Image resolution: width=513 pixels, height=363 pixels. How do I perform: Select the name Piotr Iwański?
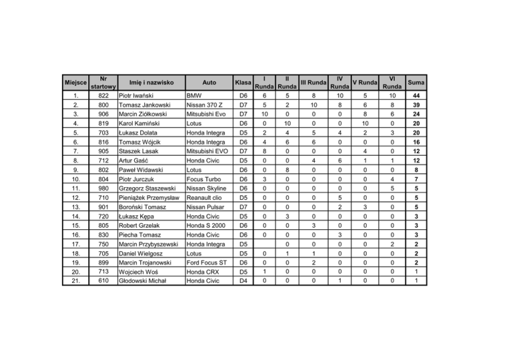(139, 96)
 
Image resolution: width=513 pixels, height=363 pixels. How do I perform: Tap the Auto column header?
(208, 82)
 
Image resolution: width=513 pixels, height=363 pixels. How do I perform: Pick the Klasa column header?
(244, 82)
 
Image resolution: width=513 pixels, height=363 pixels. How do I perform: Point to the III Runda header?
(313, 82)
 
